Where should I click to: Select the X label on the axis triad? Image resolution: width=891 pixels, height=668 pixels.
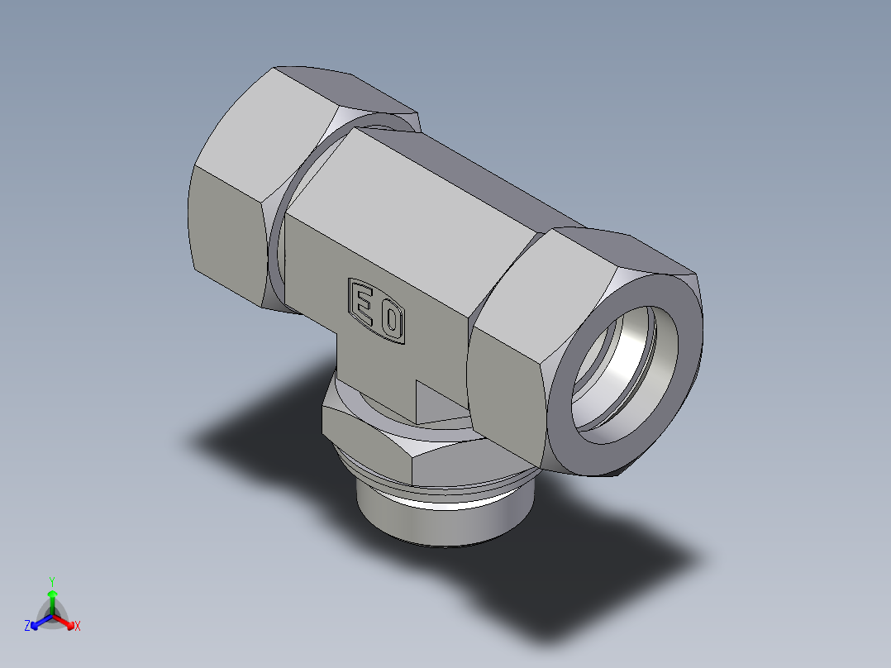[x=78, y=627]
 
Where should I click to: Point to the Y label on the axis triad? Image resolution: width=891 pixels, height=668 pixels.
[x=52, y=580]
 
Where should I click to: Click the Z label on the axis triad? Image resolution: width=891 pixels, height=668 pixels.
[x=27, y=627]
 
